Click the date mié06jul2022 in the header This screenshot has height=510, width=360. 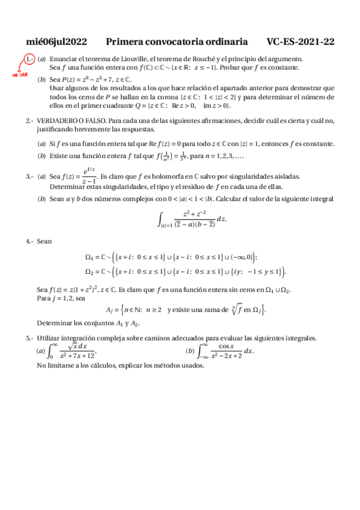tap(57, 41)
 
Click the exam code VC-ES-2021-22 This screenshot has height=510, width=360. tap(301, 41)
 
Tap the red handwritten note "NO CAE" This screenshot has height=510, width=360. tap(20, 75)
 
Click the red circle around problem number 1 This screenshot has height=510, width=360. tap(29, 59)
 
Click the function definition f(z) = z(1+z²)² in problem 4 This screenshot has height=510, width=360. tap(85, 289)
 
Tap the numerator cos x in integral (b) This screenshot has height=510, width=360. tap(226, 346)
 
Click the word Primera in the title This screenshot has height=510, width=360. tap(125, 41)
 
